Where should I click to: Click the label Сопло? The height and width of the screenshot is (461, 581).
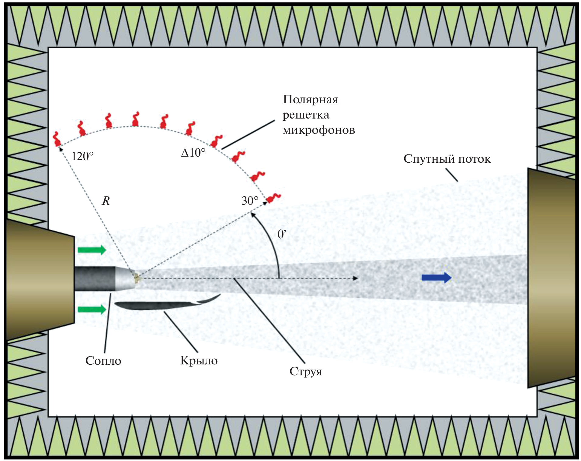click(x=103, y=361)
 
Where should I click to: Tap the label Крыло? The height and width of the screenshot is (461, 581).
click(x=199, y=361)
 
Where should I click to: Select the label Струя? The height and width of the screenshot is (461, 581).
click(x=306, y=371)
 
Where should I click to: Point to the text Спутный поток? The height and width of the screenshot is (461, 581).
click(x=447, y=159)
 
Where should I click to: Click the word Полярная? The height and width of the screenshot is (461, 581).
click(x=311, y=100)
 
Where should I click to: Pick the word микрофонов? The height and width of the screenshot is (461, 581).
click(x=319, y=130)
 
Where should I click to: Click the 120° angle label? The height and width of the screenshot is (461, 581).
click(x=82, y=157)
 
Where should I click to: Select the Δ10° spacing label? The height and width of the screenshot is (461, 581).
click(x=193, y=152)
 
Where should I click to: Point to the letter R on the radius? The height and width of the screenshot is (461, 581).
click(x=106, y=201)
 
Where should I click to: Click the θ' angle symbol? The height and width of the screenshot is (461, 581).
click(x=282, y=234)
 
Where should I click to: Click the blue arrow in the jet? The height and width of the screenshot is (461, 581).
click(x=436, y=278)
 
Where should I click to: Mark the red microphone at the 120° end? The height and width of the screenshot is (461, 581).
click(x=57, y=140)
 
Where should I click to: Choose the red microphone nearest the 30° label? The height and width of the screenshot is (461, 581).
click(x=273, y=198)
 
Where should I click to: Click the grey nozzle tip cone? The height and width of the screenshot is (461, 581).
click(x=125, y=278)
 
